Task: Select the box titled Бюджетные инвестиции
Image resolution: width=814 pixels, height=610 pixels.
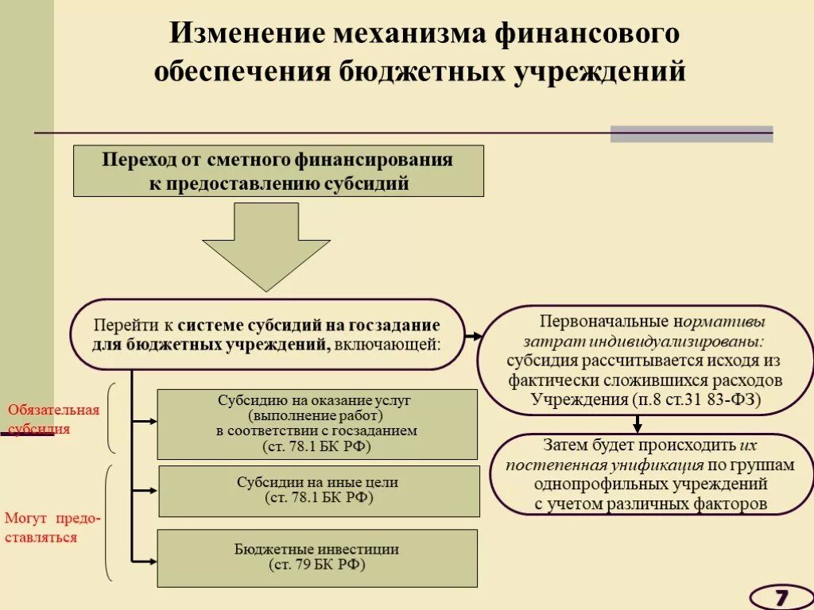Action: (x=317, y=558)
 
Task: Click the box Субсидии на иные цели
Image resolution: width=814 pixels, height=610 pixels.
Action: (x=319, y=490)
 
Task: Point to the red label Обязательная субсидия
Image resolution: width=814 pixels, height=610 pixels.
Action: (x=53, y=419)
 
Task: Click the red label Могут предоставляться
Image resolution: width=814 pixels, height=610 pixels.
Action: (x=53, y=527)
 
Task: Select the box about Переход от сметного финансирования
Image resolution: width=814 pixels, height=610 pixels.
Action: (x=278, y=171)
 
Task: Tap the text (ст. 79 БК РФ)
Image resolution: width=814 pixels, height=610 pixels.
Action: (x=317, y=566)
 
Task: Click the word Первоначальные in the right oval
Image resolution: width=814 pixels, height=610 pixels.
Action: (x=605, y=322)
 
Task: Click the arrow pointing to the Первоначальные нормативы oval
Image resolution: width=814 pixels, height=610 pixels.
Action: (x=473, y=336)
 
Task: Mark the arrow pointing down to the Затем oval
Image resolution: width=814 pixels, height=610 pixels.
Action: (x=637, y=427)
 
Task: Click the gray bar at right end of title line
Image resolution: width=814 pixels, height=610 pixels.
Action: (x=691, y=134)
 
